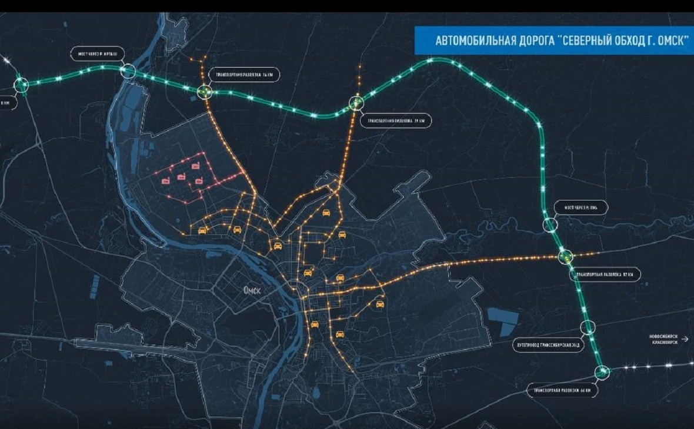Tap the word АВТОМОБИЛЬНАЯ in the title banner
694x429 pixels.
click(x=474, y=42)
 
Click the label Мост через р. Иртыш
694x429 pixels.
click(x=97, y=53)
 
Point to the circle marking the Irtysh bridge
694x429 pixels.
click(x=127, y=72)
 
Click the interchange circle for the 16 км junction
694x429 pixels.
click(x=204, y=92)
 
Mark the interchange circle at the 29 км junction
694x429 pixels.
click(x=356, y=103)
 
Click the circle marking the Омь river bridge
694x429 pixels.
click(x=550, y=224)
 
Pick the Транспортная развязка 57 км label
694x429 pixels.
click(x=605, y=274)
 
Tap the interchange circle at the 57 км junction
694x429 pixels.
click(x=565, y=256)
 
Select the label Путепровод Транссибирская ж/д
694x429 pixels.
click(x=548, y=345)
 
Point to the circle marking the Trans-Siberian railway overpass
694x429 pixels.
click(x=588, y=328)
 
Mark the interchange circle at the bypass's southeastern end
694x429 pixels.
click(x=601, y=371)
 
